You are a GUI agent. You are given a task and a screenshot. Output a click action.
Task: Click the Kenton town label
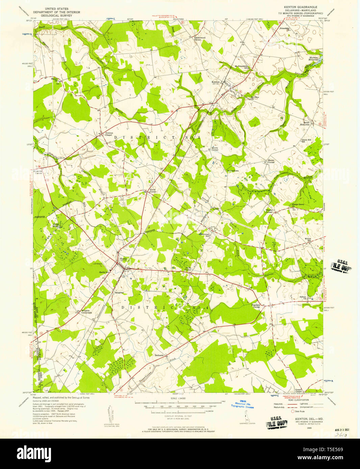pyautogui.click(x=215, y=82)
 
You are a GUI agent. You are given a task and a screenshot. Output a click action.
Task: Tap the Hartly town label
pyautogui.click(x=123, y=259)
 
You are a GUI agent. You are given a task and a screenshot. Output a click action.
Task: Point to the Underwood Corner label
pyautogui.click(x=200, y=38)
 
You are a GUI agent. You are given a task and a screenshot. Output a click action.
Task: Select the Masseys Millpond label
pyautogui.click(x=313, y=58)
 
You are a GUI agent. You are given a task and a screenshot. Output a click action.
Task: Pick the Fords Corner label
pyautogui.click(x=153, y=191)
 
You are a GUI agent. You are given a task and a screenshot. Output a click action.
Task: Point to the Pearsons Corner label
pyautogui.click(x=256, y=306)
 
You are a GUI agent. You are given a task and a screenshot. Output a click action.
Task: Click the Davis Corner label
pyautogui.click(x=188, y=269)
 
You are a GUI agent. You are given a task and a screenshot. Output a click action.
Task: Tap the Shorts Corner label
pyautogui.click(x=215, y=148)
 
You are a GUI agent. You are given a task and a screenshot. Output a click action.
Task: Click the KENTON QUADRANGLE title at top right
pyautogui.click(x=298, y=7)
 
